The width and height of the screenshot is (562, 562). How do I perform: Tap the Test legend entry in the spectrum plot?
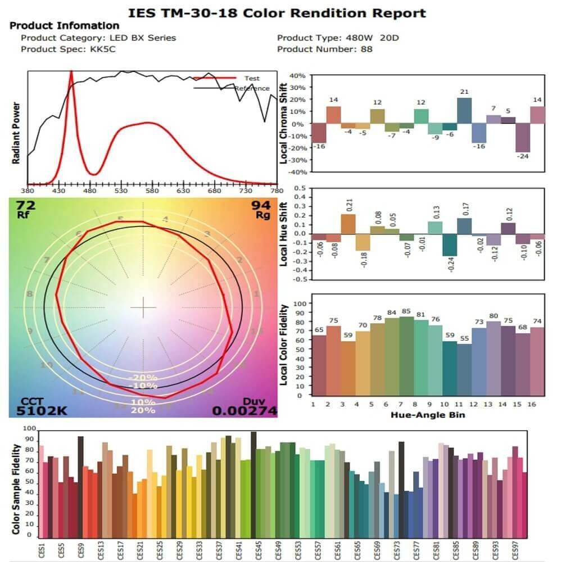(252, 78)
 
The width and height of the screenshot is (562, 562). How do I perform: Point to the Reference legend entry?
(252, 88)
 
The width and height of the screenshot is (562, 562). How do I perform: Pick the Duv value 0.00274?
(244, 411)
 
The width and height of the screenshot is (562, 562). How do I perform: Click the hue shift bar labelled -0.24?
(450, 244)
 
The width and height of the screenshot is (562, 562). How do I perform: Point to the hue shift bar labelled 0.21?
(348, 224)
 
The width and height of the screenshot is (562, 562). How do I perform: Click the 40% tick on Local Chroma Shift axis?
(297, 75)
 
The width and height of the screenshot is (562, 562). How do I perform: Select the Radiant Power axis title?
(16, 133)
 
